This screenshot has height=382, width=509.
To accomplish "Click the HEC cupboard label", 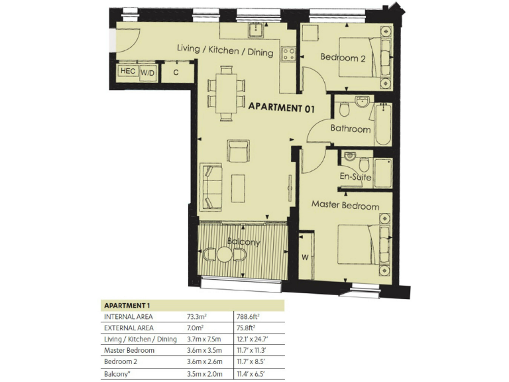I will pyautogui.click(x=127, y=72).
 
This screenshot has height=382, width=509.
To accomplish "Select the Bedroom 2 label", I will pyautogui.click(x=343, y=58).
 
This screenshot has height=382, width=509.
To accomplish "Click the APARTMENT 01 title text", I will pyautogui.click(x=280, y=107).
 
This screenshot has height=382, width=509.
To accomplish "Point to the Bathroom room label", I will pyautogui.click(x=351, y=129).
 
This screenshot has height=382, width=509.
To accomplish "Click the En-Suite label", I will pyautogui.click(x=356, y=177).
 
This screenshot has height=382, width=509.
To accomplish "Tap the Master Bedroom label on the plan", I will pyautogui.click(x=345, y=206).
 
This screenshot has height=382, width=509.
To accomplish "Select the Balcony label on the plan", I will pyautogui.click(x=243, y=242).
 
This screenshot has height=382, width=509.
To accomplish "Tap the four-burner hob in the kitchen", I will pyautogui.click(x=288, y=53).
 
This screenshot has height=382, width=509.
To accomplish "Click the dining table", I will pyautogui.click(x=225, y=93).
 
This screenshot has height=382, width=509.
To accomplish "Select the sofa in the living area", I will pyautogui.click(x=212, y=187).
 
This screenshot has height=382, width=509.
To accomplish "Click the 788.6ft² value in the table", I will pyautogui.click(x=249, y=317).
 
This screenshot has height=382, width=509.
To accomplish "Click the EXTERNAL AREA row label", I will pyautogui.click(x=129, y=328).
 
